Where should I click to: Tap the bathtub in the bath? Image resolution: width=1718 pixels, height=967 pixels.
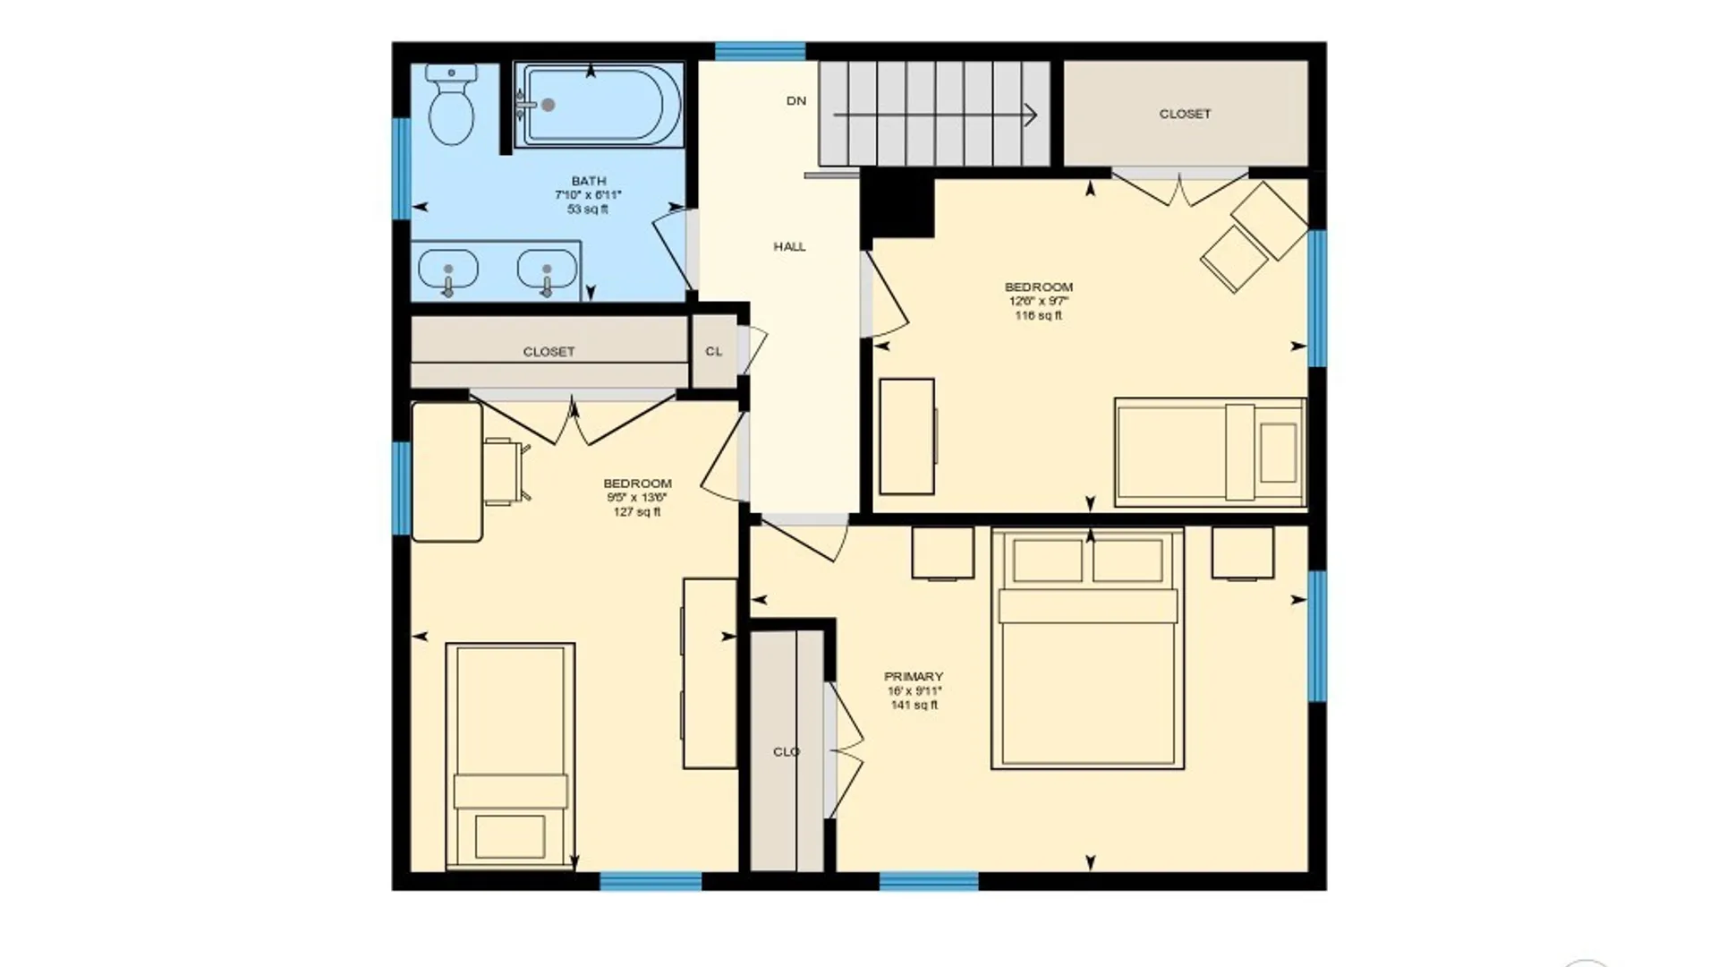coord(598,105)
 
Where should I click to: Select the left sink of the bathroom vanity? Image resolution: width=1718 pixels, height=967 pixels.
coord(448,269)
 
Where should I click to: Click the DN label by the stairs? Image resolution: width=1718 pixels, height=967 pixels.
coord(796,101)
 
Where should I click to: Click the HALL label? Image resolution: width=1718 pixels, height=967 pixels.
coord(789,246)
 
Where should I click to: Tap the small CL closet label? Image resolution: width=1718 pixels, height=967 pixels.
coord(713,351)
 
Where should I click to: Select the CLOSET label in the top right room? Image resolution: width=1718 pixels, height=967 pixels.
coord(1185,114)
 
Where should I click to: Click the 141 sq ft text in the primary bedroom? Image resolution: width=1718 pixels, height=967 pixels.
coord(914,706)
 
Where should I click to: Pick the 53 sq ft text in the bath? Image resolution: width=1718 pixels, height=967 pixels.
coord(587,210)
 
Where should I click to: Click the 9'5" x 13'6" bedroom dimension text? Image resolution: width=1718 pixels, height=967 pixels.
coord(636,498)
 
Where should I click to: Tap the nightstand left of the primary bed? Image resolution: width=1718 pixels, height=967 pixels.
coord(942,552)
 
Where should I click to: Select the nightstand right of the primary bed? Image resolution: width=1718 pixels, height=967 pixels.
coord(1242,552)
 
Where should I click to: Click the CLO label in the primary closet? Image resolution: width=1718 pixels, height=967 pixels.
coord(787,752)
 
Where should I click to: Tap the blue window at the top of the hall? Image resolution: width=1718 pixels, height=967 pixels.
coord(760,51)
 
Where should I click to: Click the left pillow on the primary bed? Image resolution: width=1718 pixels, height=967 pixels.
coord(1047,561)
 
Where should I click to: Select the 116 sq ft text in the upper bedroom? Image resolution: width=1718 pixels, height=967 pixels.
coord(1038,316)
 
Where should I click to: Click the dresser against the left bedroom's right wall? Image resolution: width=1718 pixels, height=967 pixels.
coord(710,673)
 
